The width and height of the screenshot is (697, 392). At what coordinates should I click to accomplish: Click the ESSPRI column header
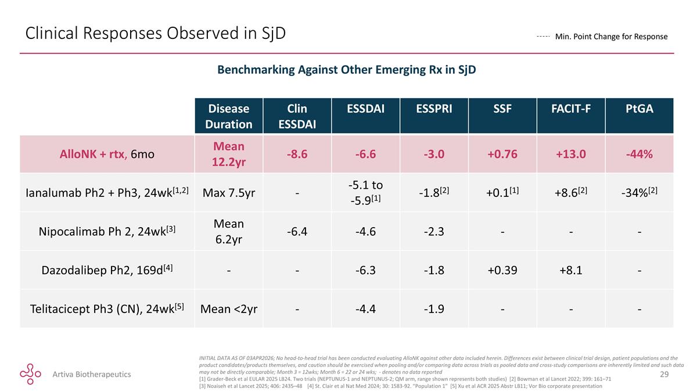point(434,109)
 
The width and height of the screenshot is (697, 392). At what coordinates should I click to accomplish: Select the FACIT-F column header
point(571,109)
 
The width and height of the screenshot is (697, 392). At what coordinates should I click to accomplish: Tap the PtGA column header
point(639,109)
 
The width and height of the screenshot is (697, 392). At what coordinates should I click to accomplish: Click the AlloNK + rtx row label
point(107,154)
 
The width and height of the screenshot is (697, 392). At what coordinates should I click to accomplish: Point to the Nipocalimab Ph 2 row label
point(107,232)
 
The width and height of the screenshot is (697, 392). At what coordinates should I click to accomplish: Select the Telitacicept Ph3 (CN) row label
point(107,308)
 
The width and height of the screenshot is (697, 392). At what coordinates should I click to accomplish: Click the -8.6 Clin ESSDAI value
point(297,154)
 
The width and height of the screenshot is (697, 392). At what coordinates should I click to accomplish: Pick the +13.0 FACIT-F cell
point(571,154)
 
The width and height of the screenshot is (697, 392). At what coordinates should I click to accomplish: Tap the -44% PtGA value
point(639,154)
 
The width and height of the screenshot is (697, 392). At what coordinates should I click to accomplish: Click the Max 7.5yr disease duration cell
point(229,193)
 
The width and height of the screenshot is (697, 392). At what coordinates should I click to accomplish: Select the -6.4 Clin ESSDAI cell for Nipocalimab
point(297,232)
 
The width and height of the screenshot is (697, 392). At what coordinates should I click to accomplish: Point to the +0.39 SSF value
point(502,270)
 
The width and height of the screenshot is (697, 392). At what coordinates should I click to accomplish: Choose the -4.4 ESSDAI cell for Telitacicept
point(365,308)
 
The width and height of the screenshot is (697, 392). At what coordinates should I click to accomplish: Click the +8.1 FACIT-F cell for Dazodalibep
point(571,270)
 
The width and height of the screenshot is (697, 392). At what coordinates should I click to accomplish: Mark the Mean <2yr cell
point(229,308)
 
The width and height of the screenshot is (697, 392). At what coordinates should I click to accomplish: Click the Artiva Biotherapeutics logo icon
point(30,373)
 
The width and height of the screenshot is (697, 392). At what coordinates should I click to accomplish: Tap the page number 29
point(664,374)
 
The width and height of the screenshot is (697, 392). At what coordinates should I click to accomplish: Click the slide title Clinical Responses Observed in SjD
point(155,33)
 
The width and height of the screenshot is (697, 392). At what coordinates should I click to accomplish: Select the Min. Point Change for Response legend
point(602,37)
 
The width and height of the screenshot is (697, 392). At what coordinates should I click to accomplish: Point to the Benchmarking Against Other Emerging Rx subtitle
point(347,69)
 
